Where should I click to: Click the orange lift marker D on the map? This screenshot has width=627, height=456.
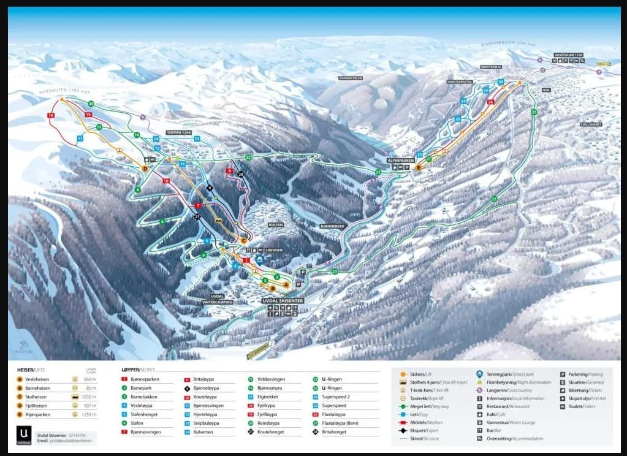pyautogui.click(x=145, y=169)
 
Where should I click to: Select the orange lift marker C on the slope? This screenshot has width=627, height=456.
pyautogui.click(x=243, y=240)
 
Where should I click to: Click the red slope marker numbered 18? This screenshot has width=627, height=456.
pyautogui.click(x=51, y=115)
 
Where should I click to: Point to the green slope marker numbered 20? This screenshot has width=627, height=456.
pyautogui.click(x=91, y=104)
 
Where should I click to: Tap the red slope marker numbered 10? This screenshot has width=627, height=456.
pyautogui.click(x=165, y=181)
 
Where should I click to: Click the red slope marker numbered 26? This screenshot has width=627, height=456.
pyautogui.click(x=490, y=102)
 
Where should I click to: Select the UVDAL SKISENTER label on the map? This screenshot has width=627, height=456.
pyautogui.click(x=283, y=301)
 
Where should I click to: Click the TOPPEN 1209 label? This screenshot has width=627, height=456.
pyautogui.click(x=178, y=133)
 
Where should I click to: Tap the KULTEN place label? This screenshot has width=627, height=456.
pyautogui.click(x=276, y=225)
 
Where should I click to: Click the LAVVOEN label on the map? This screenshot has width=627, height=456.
pyautogui.click(x=274, y=251)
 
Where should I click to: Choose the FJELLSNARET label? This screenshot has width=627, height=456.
pyautogui.click(x=591, y=124)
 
